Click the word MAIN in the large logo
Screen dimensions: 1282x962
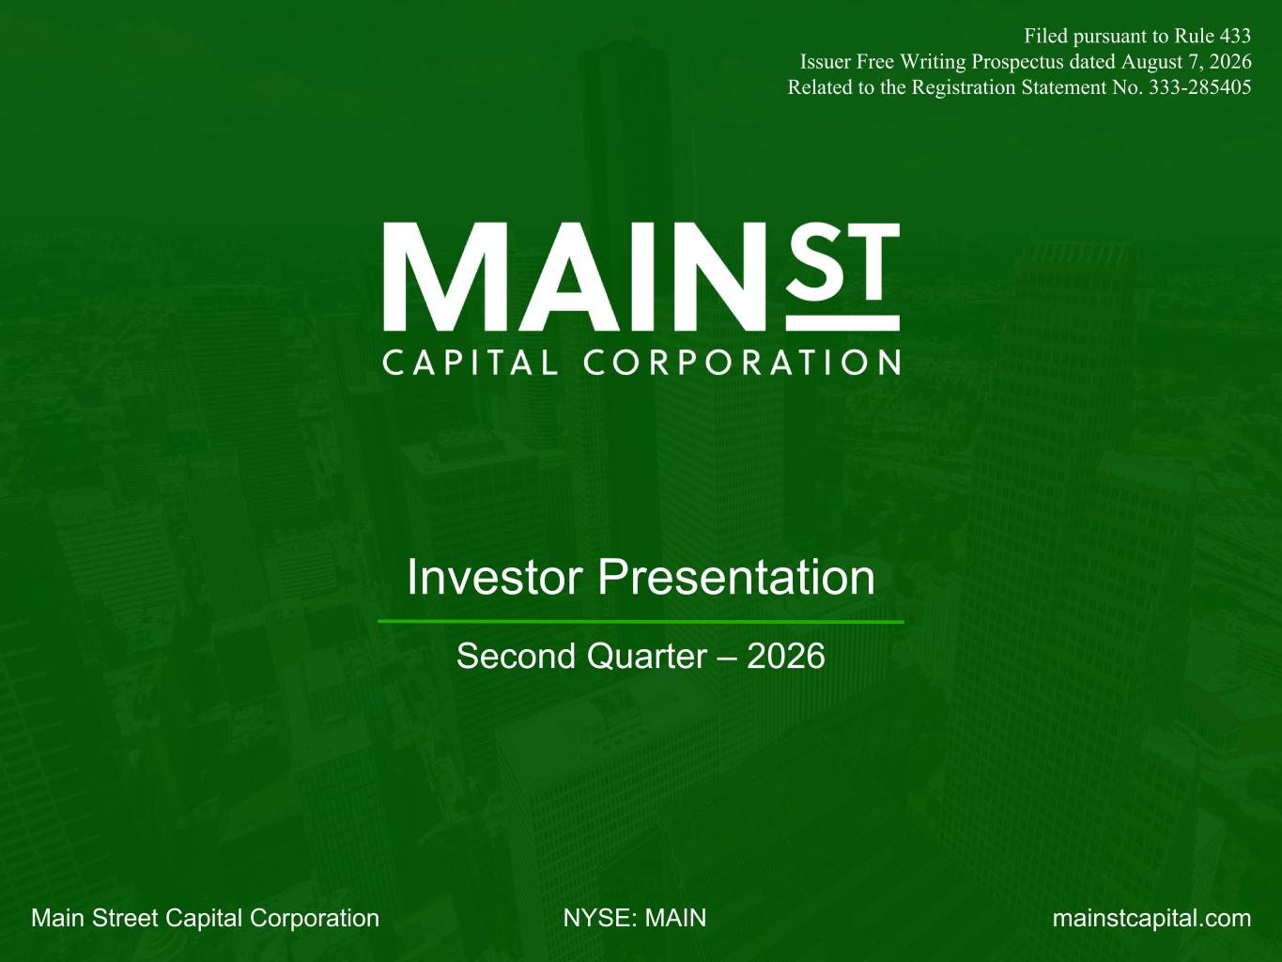(575, 276)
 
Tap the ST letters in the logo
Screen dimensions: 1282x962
(842, 260)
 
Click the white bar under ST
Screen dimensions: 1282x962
(842, 323)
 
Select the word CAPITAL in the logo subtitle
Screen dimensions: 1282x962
(471, 363)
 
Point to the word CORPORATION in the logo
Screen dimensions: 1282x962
(742, 363)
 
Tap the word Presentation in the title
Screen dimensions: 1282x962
(736, 577)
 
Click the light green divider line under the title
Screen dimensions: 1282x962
(641, 622)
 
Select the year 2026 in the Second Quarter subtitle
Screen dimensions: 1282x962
(785, 656)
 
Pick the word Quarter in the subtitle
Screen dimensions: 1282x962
(647, 657)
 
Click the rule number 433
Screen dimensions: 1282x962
(1235, 37)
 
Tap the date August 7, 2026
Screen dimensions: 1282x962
(1186, 62)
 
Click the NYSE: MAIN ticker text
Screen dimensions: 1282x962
(635, 918)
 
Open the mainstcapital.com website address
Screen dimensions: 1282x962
(1151, 918)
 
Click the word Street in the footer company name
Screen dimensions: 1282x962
(126, 918)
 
